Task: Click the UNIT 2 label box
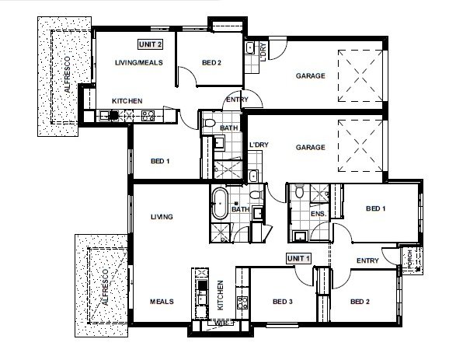[x=150, y=45]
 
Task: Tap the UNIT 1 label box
[x=298, y=258]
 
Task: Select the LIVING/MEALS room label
[x=138, y=63]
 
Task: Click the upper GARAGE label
[x=309, y=76]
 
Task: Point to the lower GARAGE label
[x=309, y=146]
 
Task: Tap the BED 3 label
[x=283, y=302]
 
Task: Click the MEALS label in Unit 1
[x=161, y=302]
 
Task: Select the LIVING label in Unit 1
[x=161, y=217]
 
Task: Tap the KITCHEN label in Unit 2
[x=126, y=101]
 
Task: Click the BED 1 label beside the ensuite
[x=376, y=208]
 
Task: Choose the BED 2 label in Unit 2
[x=212, y=63]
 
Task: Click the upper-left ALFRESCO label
[x=67, y=76]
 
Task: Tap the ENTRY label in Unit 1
[x=367, y=261]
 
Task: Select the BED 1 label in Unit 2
[x=160, y=161]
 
